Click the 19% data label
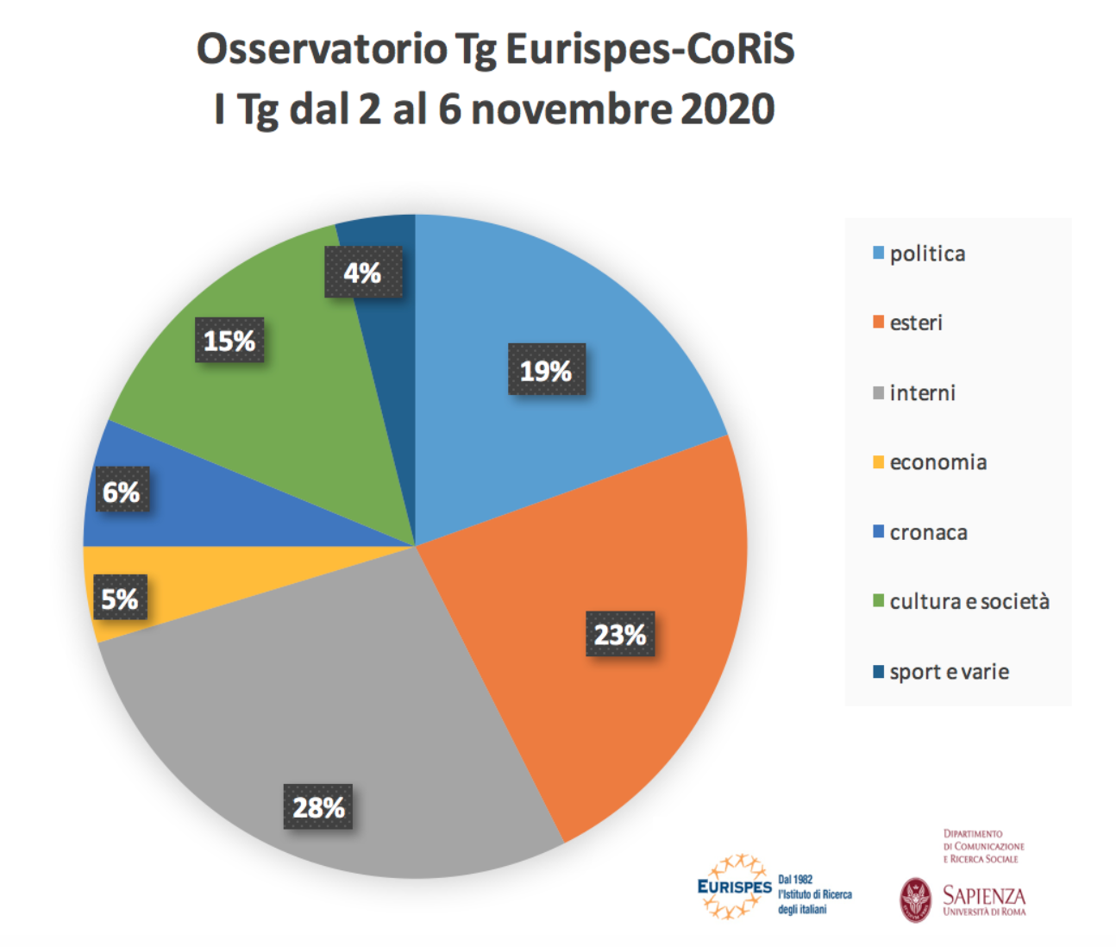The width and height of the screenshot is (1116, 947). point(546,370)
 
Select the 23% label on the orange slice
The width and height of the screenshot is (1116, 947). point(619,634)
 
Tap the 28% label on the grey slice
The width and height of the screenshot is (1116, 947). point(318,807)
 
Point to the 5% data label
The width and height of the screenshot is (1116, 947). point(120,598)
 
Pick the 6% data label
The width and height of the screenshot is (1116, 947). point(122,491)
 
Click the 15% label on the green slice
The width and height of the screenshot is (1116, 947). point(229,341)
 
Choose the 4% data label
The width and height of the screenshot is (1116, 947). point(363,273)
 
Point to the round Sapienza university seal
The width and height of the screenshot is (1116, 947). point(915,900)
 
